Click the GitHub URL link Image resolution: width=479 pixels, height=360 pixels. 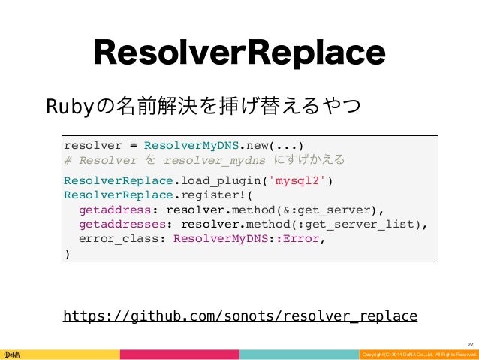tap(240, 315)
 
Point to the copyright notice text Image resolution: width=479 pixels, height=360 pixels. tap(417, 354)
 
